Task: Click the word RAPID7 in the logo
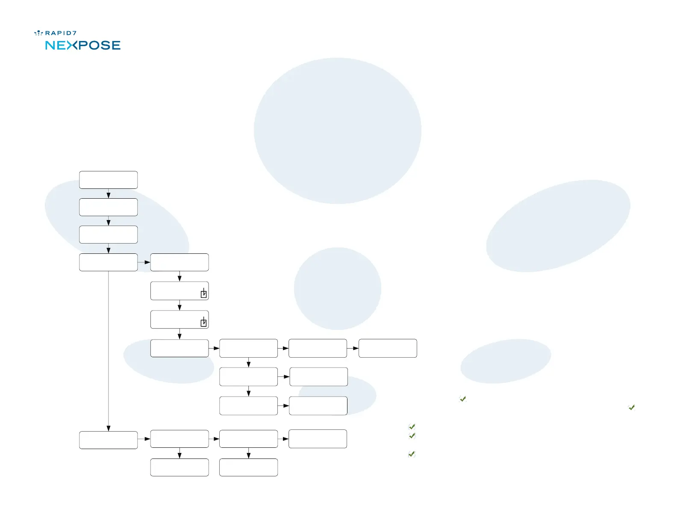point(61,33)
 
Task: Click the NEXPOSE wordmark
point(83,45)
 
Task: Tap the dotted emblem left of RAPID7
point(38,33)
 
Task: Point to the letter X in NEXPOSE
point(72,45)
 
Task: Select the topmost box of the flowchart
point(109,180)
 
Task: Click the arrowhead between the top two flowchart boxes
point(109,195)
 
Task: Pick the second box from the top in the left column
point(109,207)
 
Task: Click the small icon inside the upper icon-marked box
point(204,294)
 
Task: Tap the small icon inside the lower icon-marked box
point(204,323)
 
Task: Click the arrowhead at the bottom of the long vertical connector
point(109,428)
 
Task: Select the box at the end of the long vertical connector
point(109,440)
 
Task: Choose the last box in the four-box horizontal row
point(388,348)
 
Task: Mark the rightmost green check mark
point(632,408)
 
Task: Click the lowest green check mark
point(412,454)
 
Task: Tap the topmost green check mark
point(462,399)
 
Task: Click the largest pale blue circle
point(338,131)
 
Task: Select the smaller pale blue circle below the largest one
point(338,288)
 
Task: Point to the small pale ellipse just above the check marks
point(506,361)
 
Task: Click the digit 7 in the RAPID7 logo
point(74,33)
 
